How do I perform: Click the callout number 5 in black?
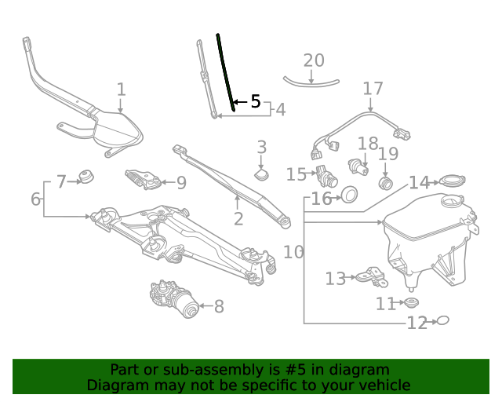[x=255, y=102]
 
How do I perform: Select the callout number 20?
[x=313, y=60]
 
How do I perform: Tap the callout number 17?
[x=373, y=89]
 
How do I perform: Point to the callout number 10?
[x=293, y=252]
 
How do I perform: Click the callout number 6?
[x=35, y=199]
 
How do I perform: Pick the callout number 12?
[x=417, y=322]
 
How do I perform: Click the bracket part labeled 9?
[x=144, y=179]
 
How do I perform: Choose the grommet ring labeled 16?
[x=349, y=194]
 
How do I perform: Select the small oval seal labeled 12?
[x=442, y=320]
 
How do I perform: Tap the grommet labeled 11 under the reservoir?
[x=409, y=303]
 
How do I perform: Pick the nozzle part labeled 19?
[x=385, y=183]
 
